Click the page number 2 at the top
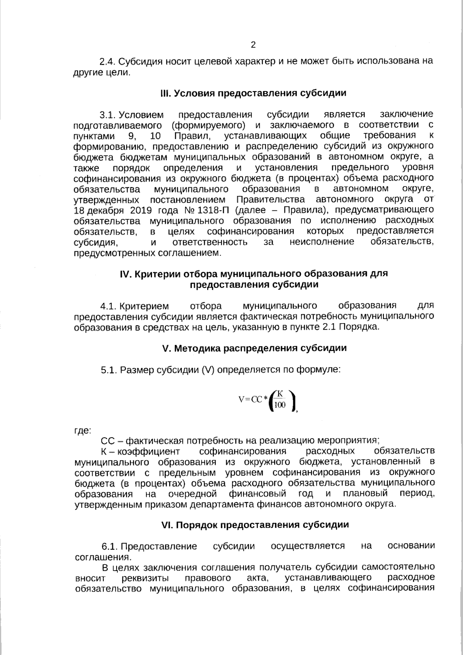[253, 45]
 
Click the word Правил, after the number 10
[192, 136]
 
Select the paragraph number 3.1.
[108, 115]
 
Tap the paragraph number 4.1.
[108, 306]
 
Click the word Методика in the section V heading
[196, 348]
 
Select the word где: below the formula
[82, 430]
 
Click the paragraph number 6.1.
[109, 546]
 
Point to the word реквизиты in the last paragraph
[142, 578]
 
